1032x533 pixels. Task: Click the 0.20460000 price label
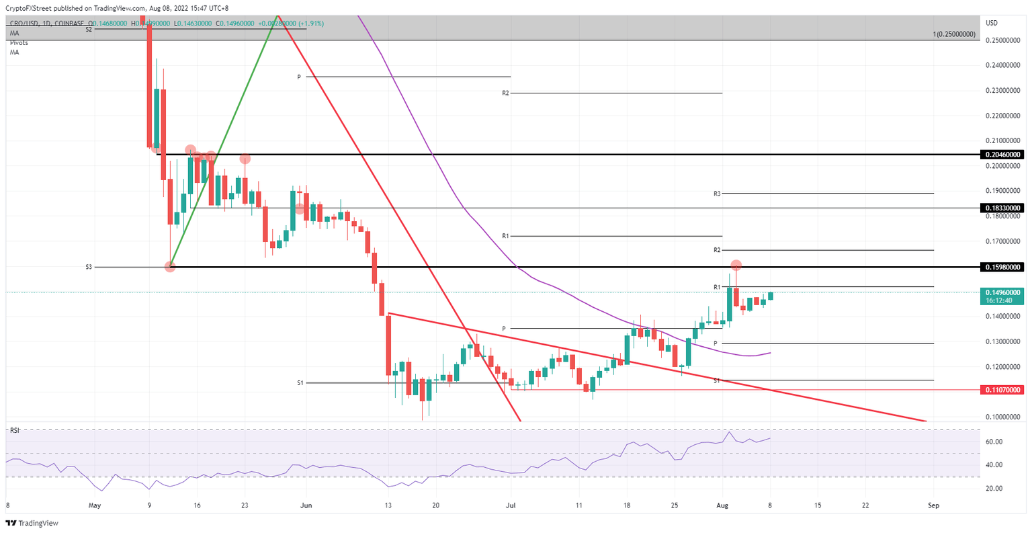tap(1003, 155)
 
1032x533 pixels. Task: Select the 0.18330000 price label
tap(1003, 208)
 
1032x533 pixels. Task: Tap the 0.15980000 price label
tap(1003, 268)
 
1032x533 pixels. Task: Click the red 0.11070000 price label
tap(1003, 390)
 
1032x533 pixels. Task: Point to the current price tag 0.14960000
tap(1003, 293)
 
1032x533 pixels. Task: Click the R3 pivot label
tap(717, 194)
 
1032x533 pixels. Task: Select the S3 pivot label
tap(89, 268)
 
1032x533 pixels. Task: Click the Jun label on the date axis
tap(306, 505)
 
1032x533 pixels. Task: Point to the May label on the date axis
tap(95, 505)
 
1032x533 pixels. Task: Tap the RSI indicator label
tap(15, 430)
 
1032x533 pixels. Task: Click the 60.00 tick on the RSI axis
tap(994, 442)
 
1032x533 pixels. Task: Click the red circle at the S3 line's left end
tap(170, 267)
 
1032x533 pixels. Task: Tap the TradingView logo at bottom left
tap(34, 523)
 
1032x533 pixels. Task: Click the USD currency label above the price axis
tap(992, 23)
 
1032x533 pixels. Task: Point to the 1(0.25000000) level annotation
tap(954, 34)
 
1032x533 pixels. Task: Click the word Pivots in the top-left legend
tap(19, 42)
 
